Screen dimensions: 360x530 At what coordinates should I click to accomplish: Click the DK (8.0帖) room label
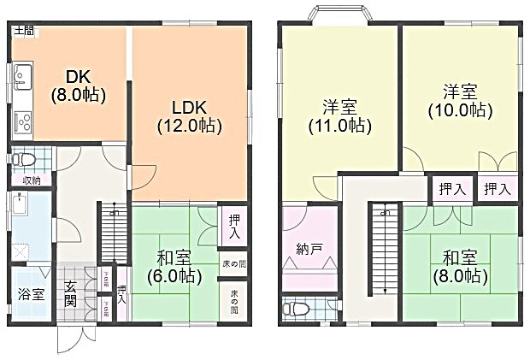pyautogui.click(x=78, y=85)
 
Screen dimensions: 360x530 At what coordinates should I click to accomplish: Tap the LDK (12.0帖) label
pyautogui.click(x=189, y=116)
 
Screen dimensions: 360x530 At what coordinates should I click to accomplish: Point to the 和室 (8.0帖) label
pyautogui.click(x=466, y=267)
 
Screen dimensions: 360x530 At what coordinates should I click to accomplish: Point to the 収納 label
pyautogui.click(x=32, y=180)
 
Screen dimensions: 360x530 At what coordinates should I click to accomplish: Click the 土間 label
pyautogui.click(x=23, y=31)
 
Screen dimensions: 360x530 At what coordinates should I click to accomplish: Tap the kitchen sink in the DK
pyautogui.click(x=21, y=80)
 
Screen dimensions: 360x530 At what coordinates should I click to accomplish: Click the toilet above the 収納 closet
pyautogui.click(x=26, y=159)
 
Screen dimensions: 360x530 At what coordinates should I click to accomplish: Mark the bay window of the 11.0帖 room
pyautogui.click(x=338, y=15)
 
